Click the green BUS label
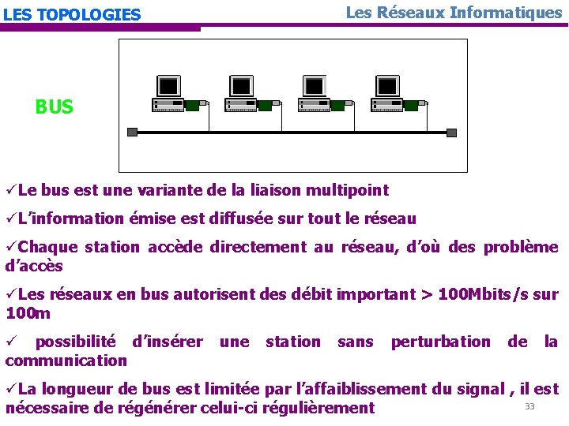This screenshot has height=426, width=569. pos(54,107)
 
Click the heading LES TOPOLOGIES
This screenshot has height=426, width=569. pos(72,15)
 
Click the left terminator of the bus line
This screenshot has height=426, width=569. pos(132,132)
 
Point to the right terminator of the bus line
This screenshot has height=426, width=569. pos(451,132)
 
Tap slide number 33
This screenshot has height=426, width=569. pos(529,406)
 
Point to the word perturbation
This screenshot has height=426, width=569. pos(440,342)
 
